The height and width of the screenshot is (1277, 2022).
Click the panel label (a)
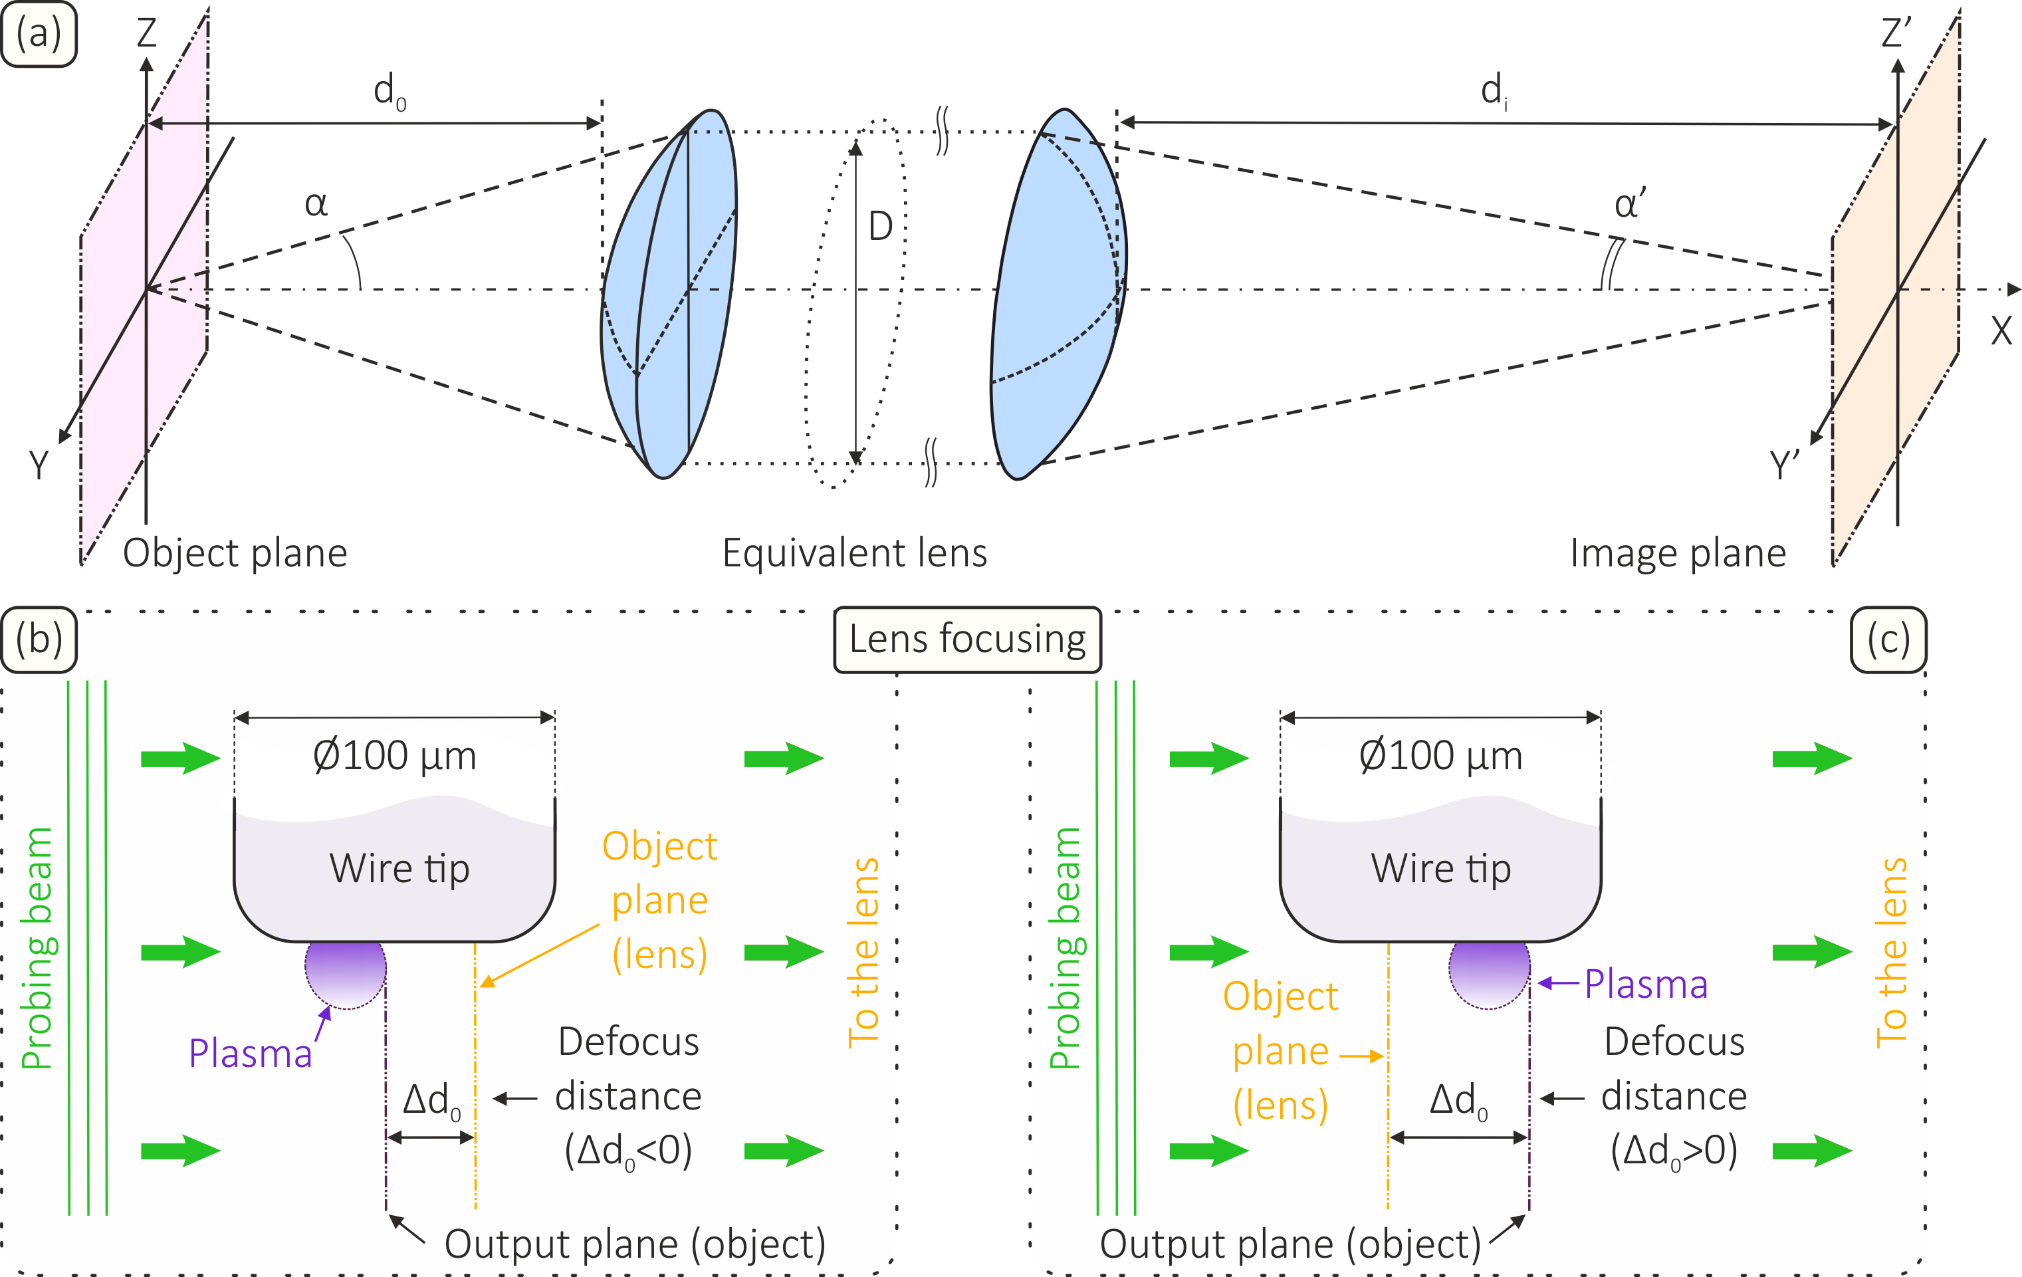click(39, 35)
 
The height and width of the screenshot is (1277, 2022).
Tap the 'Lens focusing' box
click(966, 639)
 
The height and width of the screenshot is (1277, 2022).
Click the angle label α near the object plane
click(316, 203)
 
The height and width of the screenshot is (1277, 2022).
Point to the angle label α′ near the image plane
click(1630, 204)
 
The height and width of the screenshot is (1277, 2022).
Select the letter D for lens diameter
click(880, 227)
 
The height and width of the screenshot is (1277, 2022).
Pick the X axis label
click(2001, 332)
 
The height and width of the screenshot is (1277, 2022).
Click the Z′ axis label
click(1896, 34)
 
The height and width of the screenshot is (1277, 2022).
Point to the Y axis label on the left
click(39, 464)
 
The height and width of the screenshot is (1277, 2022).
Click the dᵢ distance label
click(1494, 90)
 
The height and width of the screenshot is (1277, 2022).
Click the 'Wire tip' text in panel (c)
click(1441, 868)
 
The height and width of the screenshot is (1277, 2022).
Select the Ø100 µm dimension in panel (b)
click(395, 756)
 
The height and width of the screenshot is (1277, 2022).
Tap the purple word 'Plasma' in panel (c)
click(1646, 984)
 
